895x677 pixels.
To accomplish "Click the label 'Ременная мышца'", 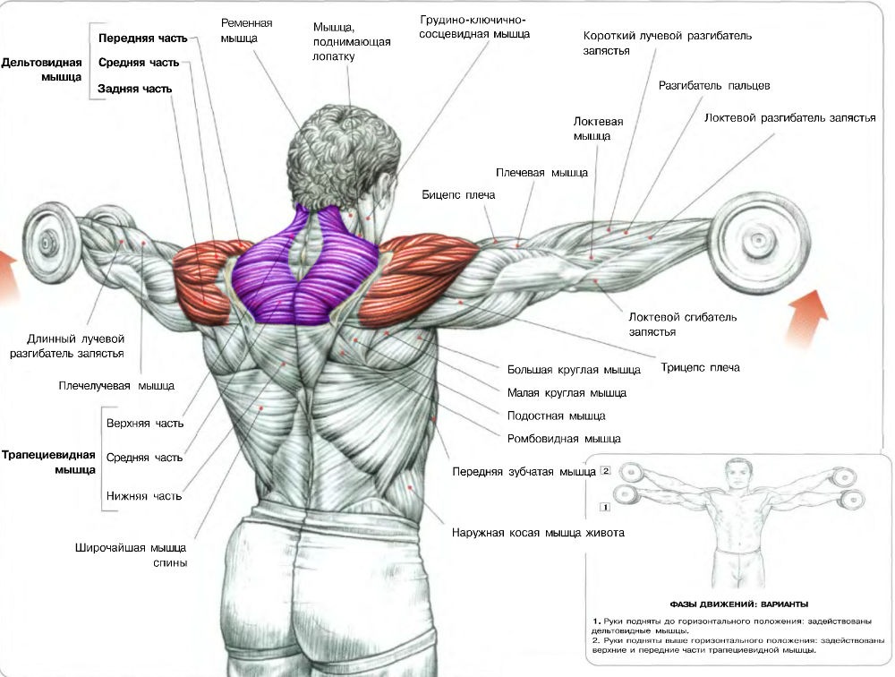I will point(248,30).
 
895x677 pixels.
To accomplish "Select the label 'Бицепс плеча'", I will point(458,194).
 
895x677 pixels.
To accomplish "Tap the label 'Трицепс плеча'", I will point(701,367).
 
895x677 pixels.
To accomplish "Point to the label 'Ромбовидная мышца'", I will point(564,439).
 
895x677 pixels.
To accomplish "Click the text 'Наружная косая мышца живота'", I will point(538,533).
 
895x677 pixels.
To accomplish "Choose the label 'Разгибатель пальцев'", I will point(714,86).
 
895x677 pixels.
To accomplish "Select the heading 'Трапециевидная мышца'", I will point(49,462).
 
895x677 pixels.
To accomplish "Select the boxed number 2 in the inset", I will point(606,470).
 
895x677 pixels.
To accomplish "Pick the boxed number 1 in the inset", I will point(605,507).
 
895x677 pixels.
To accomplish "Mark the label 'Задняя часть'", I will point(135,89).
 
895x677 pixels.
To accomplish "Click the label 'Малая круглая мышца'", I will point(567,392).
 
